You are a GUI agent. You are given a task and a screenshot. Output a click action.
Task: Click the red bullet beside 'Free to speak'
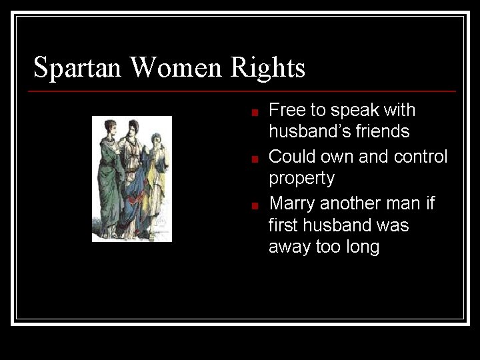tap(255, 113)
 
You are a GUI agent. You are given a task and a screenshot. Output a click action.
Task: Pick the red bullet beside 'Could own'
tap(255, 159)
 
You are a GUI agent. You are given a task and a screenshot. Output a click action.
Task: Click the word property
tap(301, 179)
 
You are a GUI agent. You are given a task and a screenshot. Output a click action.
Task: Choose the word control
tap(421, 157)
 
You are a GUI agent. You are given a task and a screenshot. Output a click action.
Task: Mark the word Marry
tap(292, 203)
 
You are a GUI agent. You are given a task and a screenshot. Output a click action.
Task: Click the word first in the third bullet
tap(283, 225)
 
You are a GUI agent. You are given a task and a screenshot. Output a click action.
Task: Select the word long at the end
tap(363, 248)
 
